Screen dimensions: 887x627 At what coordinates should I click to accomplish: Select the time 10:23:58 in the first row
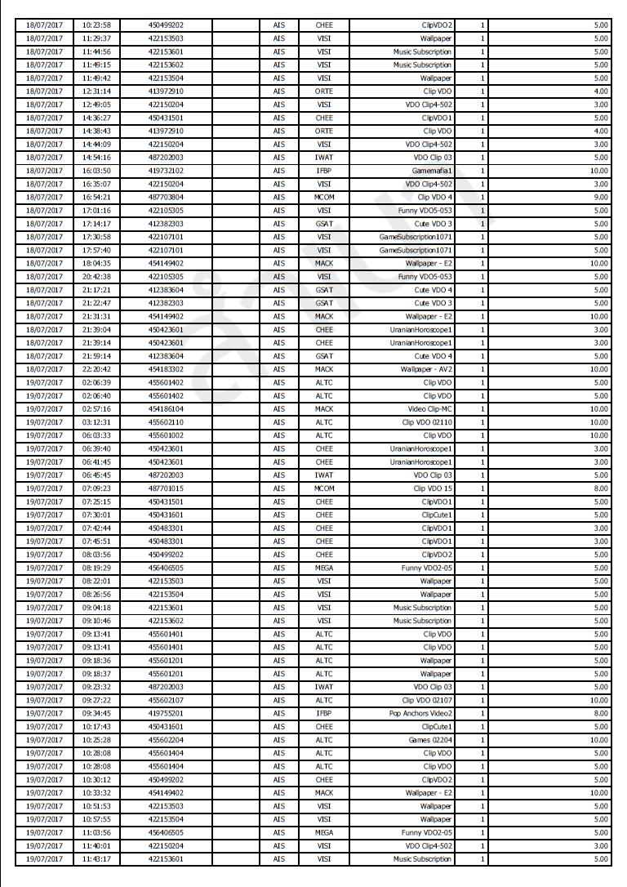(x=96, y=25)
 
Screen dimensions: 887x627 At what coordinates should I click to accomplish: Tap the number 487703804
(x=166, y=197)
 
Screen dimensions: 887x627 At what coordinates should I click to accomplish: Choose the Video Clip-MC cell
(x=429, y=409)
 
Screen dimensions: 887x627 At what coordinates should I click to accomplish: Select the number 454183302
(x=166, y=369)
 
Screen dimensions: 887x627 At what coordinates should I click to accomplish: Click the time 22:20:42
(x=96, y=369)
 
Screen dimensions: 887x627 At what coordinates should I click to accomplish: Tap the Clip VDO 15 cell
(x=433, y=488)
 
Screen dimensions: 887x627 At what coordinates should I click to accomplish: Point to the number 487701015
(x=166, y=488)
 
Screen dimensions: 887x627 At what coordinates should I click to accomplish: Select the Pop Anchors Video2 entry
(x=420, y=713)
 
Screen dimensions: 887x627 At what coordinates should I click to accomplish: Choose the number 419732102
(x=166, y=171)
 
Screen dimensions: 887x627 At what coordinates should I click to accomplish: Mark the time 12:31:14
(x=96, y=91)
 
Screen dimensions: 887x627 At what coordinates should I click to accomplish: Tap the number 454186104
(x=166, y=409)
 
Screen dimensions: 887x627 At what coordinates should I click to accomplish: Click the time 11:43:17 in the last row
(x=96, y=859)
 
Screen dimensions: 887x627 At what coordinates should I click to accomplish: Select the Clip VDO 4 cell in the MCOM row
(x=434, y=197)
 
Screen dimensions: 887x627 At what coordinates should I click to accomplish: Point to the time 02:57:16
(x=96, y=409)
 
